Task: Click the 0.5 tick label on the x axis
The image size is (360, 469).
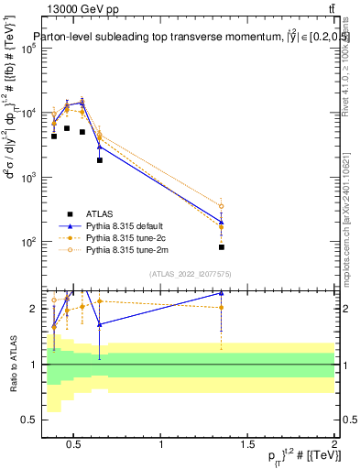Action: [76, 445]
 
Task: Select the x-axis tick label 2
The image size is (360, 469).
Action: [334, 445]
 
